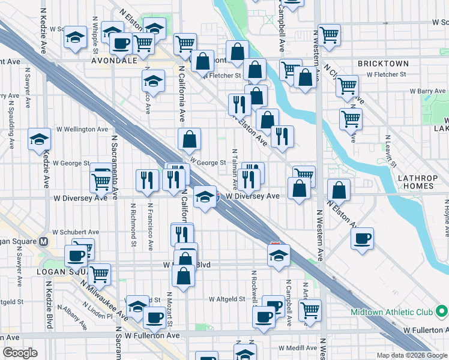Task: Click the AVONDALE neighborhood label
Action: point(114,61)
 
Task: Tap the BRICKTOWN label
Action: point(383,64)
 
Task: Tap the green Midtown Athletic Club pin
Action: point(441,311)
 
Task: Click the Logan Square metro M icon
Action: point(43,242)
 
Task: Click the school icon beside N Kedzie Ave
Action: point(40,140)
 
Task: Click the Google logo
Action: point(21,353)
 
